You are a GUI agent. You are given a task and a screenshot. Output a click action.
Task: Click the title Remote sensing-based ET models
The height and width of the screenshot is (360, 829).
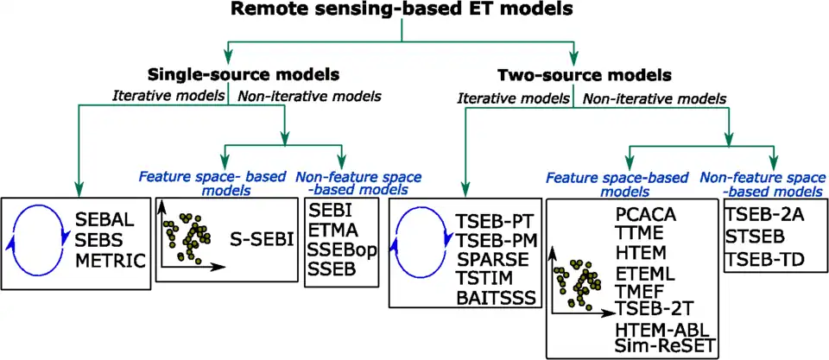coord(402,11)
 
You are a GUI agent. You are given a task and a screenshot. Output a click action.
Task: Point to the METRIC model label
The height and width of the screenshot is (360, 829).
coord(111,259)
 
